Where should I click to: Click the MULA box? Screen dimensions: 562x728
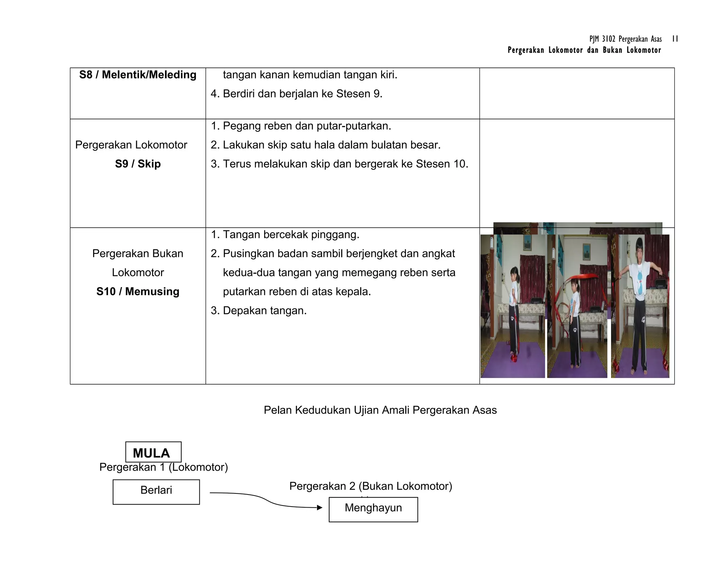(x=153, y=452)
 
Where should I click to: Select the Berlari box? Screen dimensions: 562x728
(x=156, y=492)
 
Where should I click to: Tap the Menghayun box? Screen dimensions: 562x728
(x=373, y=509)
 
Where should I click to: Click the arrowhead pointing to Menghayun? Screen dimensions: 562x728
(x=320, y=508)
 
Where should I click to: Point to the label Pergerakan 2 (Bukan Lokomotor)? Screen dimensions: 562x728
(x=370, y=486)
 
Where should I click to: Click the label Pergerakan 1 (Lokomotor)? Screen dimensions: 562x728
(x=164, y=467)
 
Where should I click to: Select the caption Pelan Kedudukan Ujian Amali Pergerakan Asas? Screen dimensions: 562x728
(x=380, y=410)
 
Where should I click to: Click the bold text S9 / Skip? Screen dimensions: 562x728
(x=138, y=164)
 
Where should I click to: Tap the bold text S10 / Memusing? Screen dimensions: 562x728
(x=138, y=291)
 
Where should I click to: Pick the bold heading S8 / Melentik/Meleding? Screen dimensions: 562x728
(x=138, y=75)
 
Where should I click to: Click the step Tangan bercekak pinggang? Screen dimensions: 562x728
(x=285, y=234)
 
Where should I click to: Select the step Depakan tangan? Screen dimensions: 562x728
(x=259, y=310)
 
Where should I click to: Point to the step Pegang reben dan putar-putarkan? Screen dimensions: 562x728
(x=301, y=126)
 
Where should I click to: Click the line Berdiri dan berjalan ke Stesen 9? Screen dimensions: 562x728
(x=296, y=94)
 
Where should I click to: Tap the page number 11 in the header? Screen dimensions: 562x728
(x=675, y=39)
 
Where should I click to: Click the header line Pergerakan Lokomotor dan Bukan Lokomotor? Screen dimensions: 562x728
(x=584, y=50)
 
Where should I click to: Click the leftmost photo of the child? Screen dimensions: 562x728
(x=512, y=306)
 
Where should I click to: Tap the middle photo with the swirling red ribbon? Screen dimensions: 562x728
(x=577, y=306)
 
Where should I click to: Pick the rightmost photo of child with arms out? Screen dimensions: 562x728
(x=640, y=306)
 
